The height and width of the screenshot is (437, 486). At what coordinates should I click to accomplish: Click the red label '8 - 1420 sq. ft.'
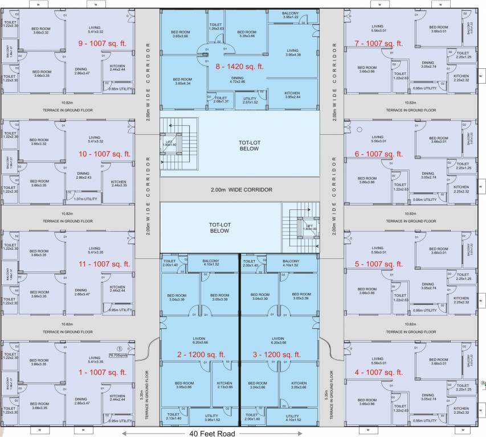coord(239,67)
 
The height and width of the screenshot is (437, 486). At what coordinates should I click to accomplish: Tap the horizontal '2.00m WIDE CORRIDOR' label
coord(241,189)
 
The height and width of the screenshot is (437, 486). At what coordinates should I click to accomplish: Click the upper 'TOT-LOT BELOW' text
coord(249,145)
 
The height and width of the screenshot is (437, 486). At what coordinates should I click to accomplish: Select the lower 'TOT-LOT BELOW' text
coord(219,228)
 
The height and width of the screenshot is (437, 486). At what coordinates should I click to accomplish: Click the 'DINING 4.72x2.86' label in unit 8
coord(237,80)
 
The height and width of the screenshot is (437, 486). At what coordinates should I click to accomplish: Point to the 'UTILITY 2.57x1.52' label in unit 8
coord(250,101)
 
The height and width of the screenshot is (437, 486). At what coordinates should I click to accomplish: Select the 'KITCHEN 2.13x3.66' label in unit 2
coord(223,385)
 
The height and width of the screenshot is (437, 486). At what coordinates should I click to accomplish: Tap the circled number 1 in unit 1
coord(120,348)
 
